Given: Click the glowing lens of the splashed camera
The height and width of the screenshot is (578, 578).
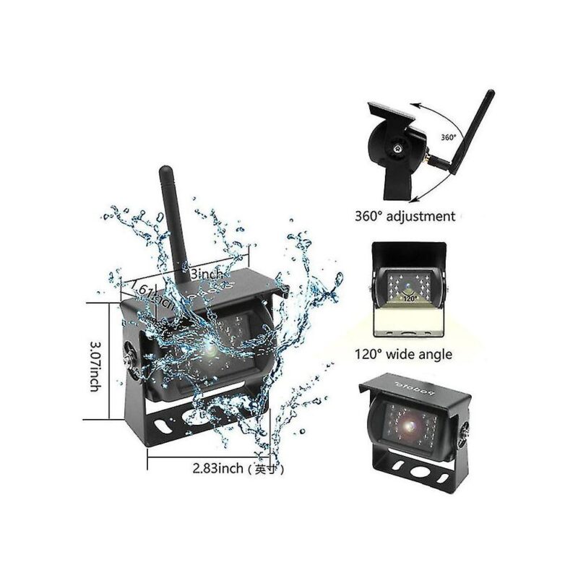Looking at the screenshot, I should point(210,351).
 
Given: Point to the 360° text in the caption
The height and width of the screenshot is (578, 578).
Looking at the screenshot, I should point(369,216).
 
